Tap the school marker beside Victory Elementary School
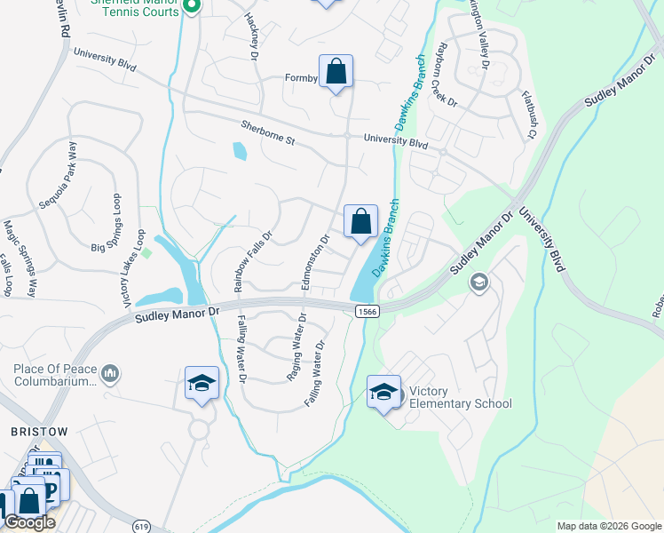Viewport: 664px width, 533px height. click(383, 392)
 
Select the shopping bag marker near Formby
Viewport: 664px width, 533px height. click(336, 72)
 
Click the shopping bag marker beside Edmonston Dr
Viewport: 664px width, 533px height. click(360, 221)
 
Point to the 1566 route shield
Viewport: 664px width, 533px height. click(368, 310)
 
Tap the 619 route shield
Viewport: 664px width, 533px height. click(141, 526)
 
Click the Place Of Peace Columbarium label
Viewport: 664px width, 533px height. click(54, 375)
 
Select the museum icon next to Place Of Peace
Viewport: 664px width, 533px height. click(110, 372)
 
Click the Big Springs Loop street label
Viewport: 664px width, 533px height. click(116, 222)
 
